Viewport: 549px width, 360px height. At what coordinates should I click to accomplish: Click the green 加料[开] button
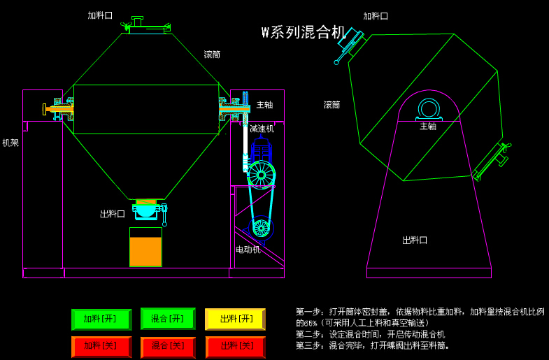point(101,319)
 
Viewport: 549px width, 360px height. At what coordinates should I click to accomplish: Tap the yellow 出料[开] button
point(235,319)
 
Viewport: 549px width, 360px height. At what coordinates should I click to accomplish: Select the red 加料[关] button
point(101,347)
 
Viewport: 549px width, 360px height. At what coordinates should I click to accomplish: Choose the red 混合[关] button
point(168,347)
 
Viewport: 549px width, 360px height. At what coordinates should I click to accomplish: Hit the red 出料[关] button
point(235,347)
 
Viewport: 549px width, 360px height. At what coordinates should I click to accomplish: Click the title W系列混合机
point(304,32)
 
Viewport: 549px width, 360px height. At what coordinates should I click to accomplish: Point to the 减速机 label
point(262,129)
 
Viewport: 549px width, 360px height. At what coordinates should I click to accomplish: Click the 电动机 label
point(248,250)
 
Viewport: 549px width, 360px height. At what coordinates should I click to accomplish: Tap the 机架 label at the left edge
point(10,143)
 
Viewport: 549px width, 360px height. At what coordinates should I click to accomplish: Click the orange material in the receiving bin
point(145,252)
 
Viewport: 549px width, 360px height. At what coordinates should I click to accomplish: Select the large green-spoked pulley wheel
point(261,175)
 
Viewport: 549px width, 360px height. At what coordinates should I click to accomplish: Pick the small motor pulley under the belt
point(261,227)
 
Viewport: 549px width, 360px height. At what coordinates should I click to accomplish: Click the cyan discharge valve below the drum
point(146,208)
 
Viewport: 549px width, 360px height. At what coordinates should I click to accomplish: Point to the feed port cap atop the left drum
point(147,29)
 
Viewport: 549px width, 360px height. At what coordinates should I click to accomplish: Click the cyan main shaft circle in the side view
point(428,110)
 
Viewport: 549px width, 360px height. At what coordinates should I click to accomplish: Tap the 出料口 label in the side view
point(414,240)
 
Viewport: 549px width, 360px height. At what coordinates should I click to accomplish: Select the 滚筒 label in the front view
point(212,55)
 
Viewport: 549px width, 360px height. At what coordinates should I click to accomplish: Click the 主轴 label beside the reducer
point(264,105)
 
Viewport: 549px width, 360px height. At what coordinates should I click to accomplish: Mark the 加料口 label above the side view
point(375,16)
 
